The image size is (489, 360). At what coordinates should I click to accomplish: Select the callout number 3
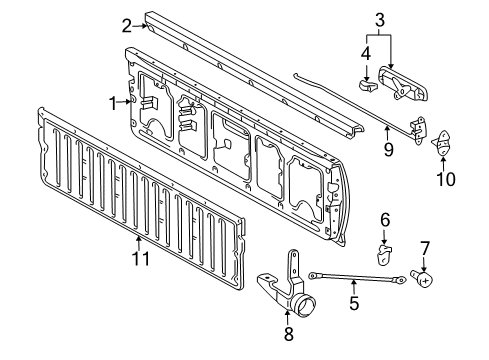(380, 19)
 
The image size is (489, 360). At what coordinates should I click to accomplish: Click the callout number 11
(141, 260)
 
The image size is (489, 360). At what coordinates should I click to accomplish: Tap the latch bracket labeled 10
(442, 145)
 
